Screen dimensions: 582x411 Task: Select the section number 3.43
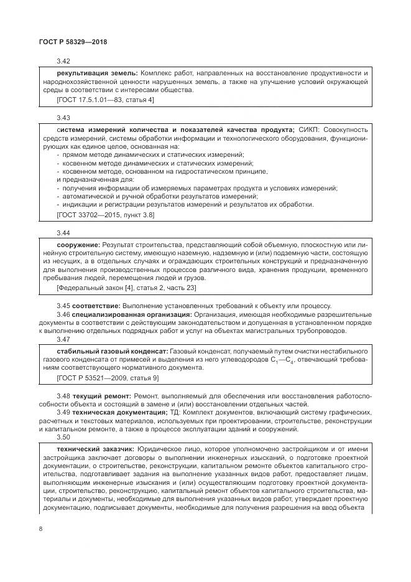(63, 118)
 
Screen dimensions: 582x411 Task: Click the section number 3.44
(63, 232)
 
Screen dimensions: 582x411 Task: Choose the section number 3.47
(63, 340)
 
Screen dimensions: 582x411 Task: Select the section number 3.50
(63, 438)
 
